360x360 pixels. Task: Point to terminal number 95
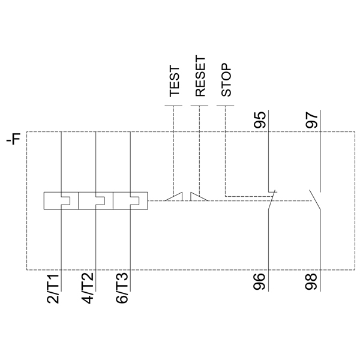pos(260,119)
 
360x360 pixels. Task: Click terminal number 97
pos(311,119)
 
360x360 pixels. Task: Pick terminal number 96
pos(260,281)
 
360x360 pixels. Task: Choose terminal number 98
pos(311,281)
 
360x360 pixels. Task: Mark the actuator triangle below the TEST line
pos(173,197)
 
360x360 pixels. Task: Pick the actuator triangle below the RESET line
pos(197,197)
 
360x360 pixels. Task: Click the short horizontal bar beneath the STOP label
pos(225,107)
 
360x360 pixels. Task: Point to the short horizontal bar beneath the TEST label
pos(173,107)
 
